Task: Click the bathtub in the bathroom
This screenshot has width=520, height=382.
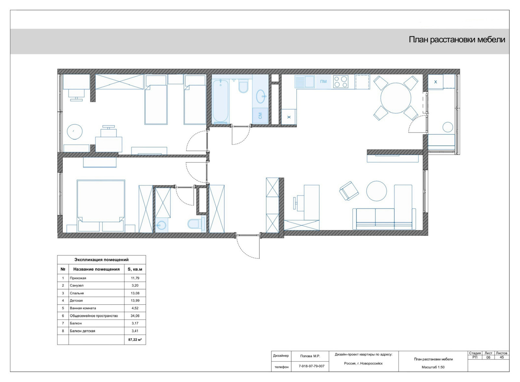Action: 220,101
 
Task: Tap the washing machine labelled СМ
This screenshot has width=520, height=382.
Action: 260,115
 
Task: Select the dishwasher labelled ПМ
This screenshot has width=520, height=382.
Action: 323,82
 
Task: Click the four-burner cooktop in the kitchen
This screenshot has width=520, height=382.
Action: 341,82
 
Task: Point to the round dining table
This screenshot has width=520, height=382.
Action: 396,98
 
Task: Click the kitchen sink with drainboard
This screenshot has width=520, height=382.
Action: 305,82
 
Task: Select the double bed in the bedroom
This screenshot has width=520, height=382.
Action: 101,206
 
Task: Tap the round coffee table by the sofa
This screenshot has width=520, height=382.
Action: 377,191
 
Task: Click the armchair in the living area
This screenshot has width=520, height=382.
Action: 349,191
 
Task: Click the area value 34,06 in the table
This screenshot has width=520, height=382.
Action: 135,316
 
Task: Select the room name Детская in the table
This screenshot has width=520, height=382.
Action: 76,300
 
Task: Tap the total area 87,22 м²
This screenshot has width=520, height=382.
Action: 135,339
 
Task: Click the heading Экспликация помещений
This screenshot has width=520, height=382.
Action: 101,260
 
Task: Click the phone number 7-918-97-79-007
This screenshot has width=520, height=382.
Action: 312,366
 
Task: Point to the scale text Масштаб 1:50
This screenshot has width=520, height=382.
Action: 433,367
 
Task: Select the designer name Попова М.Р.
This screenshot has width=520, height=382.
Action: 310,356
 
